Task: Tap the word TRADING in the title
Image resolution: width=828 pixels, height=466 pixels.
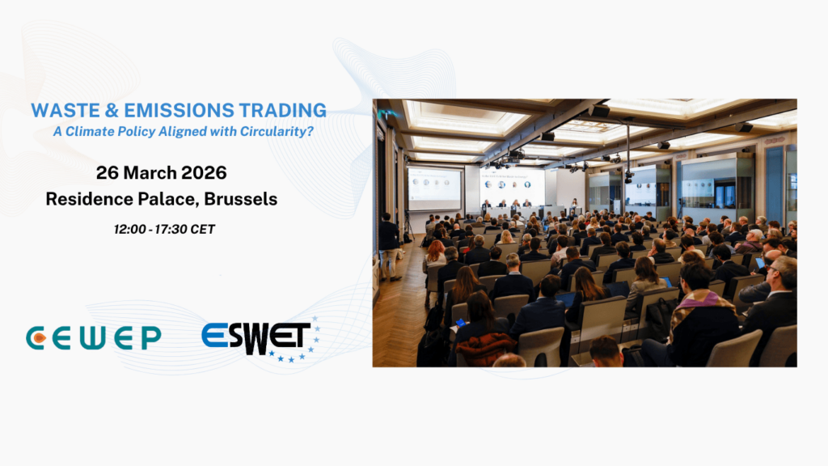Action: coord(282,110)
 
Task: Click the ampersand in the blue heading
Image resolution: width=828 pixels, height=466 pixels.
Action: coord(112,110)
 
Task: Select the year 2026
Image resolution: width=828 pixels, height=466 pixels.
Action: coord(204,173)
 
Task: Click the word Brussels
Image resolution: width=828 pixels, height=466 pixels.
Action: coord(241,199)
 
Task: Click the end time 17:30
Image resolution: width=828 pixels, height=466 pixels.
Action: coord(171,229)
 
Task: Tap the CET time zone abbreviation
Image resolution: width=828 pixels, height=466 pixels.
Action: coord(203,229)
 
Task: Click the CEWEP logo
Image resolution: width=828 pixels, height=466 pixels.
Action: coord(94,338)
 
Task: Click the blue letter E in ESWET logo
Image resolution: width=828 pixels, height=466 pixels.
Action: coord(215,335)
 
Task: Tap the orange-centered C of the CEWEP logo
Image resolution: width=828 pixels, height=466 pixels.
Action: coord(36,338)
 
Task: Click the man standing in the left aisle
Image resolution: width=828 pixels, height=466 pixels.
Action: coord(389,246)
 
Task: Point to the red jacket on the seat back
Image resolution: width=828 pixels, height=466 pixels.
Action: coord(485,349)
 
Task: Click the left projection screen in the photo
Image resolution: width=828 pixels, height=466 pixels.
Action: coord(434,189)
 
